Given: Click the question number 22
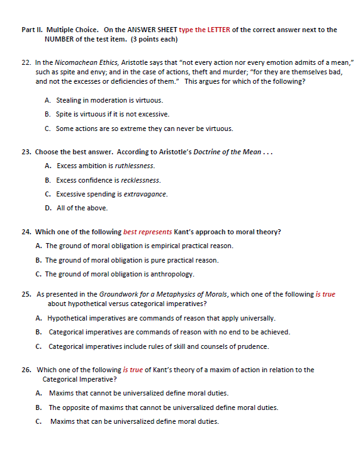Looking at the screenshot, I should pyautogui.click(x=26, y=64).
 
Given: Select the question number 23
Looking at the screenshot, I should pyautogui.click(x=26, y=152).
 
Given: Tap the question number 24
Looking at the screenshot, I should pyautogui.click(x=26, y=232).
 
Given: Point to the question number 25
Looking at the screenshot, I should pyautogui.click(x=26, y=294).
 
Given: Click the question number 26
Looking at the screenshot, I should pyautogui.click(x=26, y=370).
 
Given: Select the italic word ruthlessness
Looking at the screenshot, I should pyautogui.click(x=135, y=166).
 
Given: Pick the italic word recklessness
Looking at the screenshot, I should pyautogui.click(x=140, y=180).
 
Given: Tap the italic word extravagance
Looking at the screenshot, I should pyautogui.click(x=143, y=194).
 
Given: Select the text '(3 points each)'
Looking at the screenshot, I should pyautogui.click(x=154, y=39).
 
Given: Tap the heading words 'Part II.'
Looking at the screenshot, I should pyautogui.click(x=32, y=30).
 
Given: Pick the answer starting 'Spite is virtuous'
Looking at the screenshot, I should pyautogui.click(x=113, y=115).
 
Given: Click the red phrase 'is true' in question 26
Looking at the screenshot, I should pyautogui.click(x=133, y=370).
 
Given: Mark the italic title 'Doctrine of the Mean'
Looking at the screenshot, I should pyautogui.click(x=225, y=152).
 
